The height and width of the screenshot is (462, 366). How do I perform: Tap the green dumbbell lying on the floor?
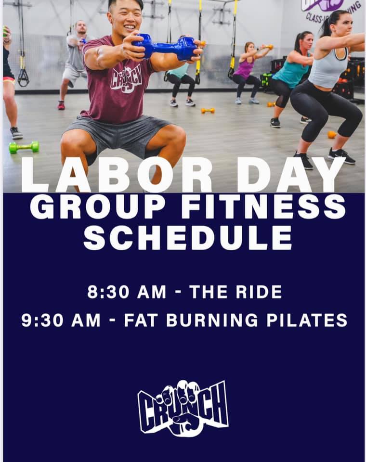[x=24, y=147]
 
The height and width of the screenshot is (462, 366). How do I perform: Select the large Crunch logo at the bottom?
[x=183, y=409]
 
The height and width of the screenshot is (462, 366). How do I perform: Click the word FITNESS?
[x=263, y=206]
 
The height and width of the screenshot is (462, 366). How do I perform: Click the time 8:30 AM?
[x=127, y=292]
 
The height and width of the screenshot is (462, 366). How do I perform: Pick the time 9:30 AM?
[x=61, y=320]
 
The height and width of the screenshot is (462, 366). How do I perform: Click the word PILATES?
[x=307, y=320]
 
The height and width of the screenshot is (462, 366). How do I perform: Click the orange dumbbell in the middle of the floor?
[x=208, y=111]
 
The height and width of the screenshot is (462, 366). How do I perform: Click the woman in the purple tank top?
[x=249, y=73]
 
